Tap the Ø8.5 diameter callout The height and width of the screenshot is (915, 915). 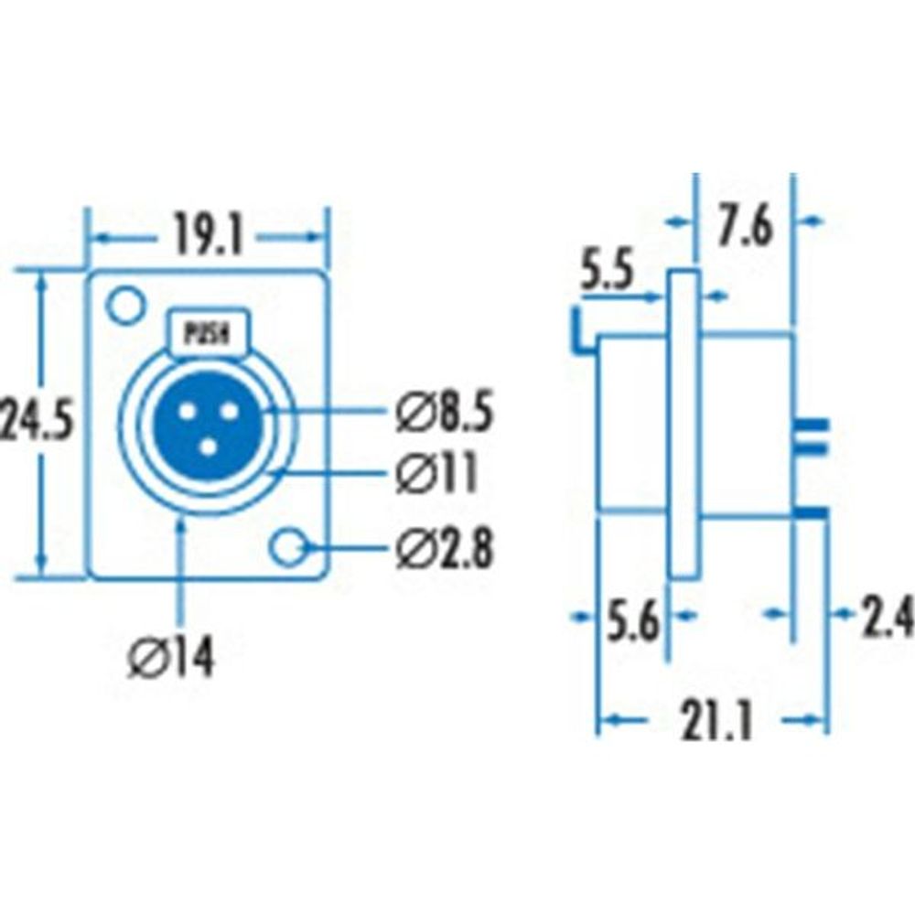pos(446,414)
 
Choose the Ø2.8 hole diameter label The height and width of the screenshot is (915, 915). pos(446,549)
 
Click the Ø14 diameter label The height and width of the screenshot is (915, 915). pos(172,657)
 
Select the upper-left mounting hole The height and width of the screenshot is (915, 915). pos(124,305)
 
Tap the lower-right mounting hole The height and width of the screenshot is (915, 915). pos(289,547)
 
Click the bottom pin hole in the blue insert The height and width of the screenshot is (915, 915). pos(208,447)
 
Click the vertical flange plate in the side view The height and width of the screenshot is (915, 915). pos(684,423)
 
